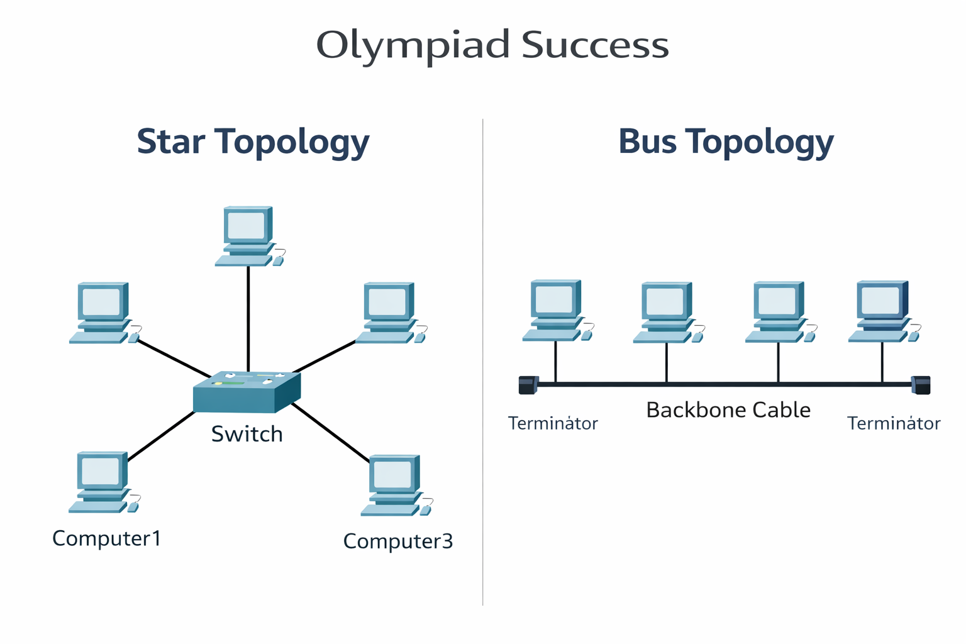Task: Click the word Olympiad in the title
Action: (412, 46)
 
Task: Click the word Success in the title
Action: (595, 46)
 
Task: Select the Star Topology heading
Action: (253, 142)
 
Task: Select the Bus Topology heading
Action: (726, 142)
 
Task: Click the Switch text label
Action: (247, 434)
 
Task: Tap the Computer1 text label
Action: (107, 538)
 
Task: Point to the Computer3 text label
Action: (397, 541)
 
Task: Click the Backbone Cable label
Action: (728, 410)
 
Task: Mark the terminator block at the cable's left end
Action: (528, 385)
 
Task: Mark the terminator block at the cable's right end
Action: (921, 385)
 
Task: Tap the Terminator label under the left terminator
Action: (553, 424)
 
